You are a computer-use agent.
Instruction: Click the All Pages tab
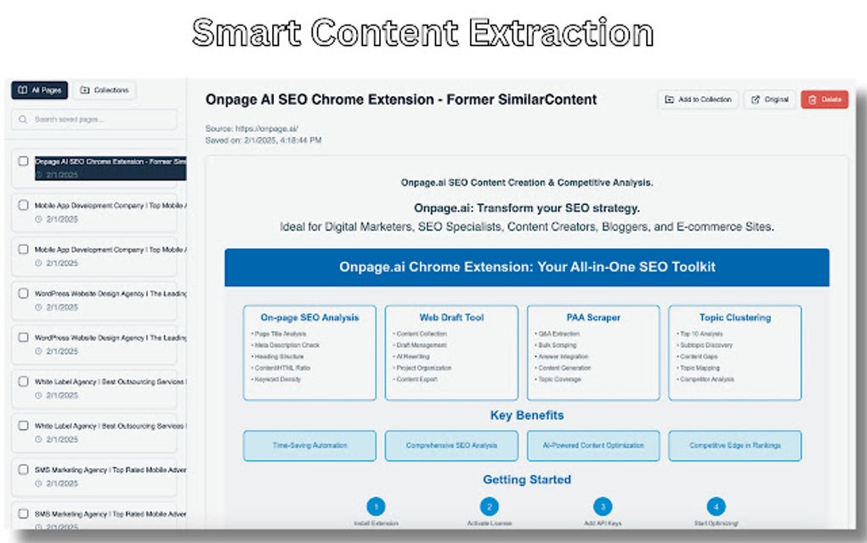tap(39, 90)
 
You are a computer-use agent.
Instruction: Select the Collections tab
tap(105, 90)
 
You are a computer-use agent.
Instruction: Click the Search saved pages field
tap(94, 120)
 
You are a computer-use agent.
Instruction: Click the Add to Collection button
tap(698, 100)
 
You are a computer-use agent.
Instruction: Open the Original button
tap(770, 100)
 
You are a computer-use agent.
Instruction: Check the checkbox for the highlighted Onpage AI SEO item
tap(24, 161)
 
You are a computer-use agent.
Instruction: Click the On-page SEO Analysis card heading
tap(309, 317)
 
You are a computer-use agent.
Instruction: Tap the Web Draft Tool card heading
tap(451, 317)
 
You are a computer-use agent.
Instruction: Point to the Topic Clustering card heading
tap(735, 317)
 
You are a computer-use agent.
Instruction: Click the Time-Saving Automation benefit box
tap(309, 445)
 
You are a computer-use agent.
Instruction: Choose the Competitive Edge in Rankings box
tap(734, 445)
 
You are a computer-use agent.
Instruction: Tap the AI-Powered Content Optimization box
tap(593, 445)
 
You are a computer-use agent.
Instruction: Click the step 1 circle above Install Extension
tap(377, 506)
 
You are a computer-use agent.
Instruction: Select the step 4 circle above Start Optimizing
tap(716, 506)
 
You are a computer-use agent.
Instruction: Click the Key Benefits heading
tap(527, 415)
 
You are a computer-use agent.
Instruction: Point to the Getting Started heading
tap(527, 480)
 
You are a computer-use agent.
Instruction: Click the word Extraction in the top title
tap(561, 33)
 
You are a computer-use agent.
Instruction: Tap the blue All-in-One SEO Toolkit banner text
tap(527, 267)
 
